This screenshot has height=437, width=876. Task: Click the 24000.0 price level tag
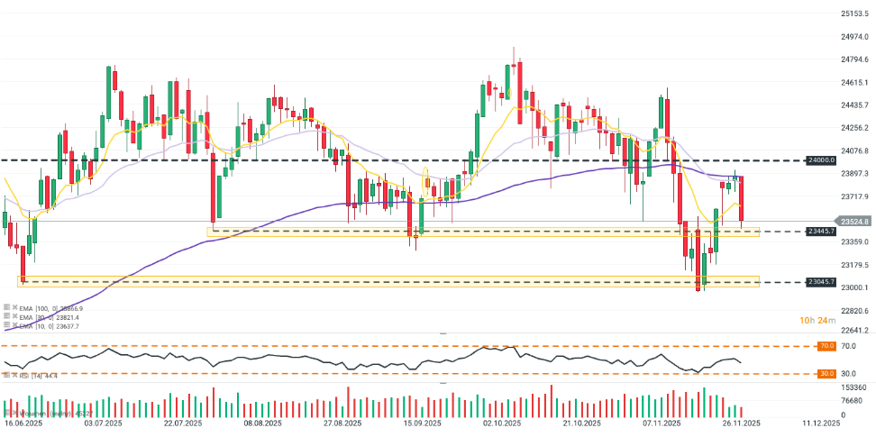(x=819, y=160)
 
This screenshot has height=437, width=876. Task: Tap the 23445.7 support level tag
(x=819, y=232)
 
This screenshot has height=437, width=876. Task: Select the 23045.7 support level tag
(x=819, y=282)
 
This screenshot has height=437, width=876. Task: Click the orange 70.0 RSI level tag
(x=824, y=346)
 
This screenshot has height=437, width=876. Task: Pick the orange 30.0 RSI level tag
(x=824, y=373)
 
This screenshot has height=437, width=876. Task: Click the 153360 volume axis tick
(x=853, y=387)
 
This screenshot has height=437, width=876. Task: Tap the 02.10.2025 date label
(x=502, y=423)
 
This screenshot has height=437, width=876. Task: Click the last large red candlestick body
(x=742, y=198)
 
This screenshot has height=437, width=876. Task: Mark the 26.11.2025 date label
(x=740, y=423)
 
